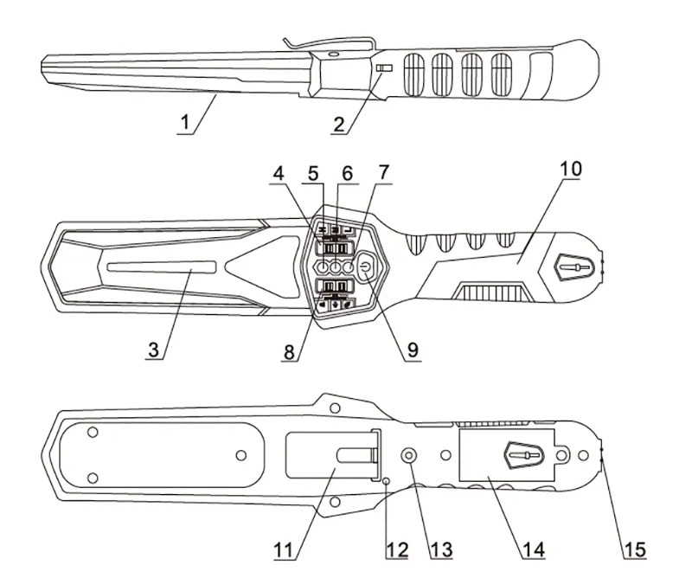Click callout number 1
pos(186,122)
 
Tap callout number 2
pos(339,125)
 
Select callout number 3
pos(153,350)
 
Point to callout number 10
pos(571,169)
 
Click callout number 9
pos(413,350)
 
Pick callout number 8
pos(289,352)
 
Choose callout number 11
pos(284,550)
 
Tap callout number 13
pos(441,550)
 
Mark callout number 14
pos(534,550)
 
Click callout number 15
pos(635,550)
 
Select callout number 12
pos(397,550)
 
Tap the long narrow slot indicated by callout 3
pos(162,267)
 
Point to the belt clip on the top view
pos(330,43)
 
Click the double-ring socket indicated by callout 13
pos(408,454)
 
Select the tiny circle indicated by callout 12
pos(387,481)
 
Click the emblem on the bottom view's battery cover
pos(523,455)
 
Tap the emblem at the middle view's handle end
pos(573,267)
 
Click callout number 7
pos(384,173)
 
